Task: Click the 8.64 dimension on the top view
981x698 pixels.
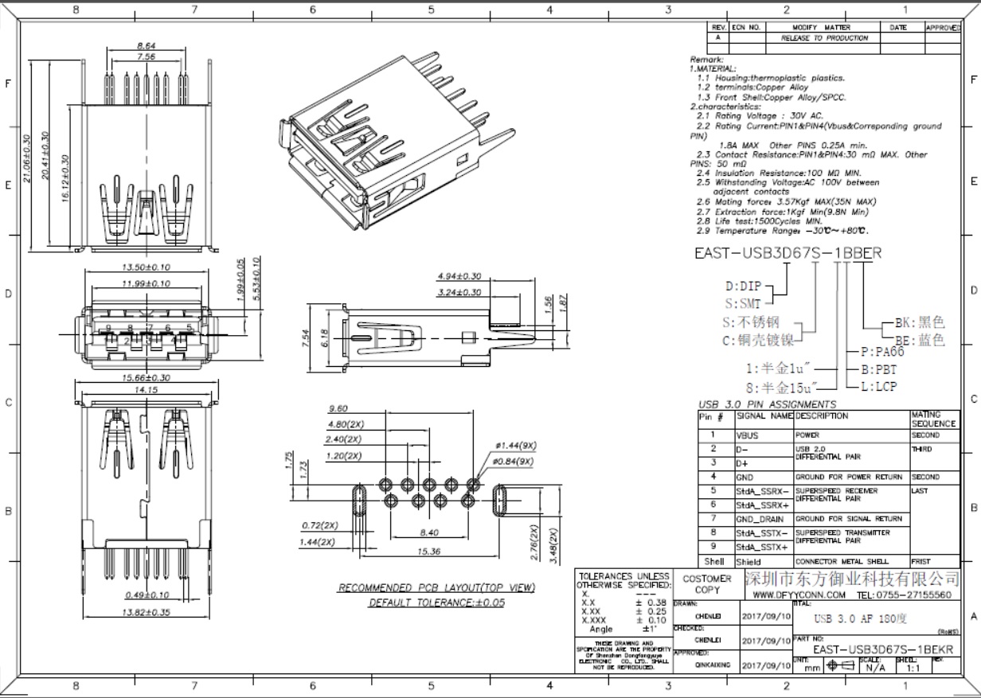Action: pos(146,46)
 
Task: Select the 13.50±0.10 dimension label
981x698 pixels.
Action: pos(146,267)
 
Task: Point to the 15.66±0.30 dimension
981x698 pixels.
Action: pos(146,378)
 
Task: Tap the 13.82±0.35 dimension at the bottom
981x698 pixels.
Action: pos(146,612)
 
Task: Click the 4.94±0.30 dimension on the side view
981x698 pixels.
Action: pos(459,276)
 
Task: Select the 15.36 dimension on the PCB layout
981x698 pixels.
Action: pos(428,551)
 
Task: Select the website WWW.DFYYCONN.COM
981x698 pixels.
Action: pos(799,595)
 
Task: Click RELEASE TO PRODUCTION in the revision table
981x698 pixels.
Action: pos(824,38)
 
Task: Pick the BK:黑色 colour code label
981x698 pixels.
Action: pos(920,322)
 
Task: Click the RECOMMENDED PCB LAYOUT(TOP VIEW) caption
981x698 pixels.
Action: pos(436,588)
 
